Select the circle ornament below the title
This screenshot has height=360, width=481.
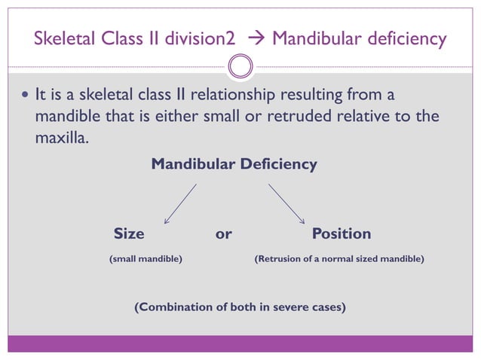tap(240, 68)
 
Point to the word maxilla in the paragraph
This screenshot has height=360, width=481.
tap(60, 139)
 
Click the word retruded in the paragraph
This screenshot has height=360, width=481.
tap(298, 117)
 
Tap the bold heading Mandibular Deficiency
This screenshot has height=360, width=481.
tap(234, 163)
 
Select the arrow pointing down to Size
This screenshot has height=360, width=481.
tap(180, 203)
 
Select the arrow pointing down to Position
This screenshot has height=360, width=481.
tap(286, 203)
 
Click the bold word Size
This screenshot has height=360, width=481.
tap(128, 233)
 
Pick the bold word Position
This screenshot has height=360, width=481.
tap(342, 233)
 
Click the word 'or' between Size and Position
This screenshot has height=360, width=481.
tap(223, 233)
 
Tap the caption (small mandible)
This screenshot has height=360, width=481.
tap(146, 258)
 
